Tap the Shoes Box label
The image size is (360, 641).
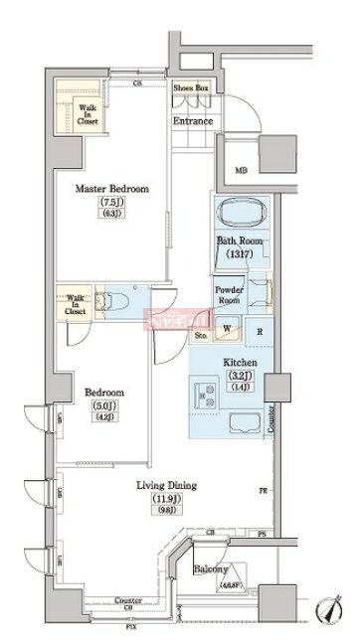coord(191,88)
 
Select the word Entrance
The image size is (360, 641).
coord(193,121)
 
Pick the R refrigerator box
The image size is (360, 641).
coord(259,333)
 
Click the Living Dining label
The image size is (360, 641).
coord(166,486)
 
